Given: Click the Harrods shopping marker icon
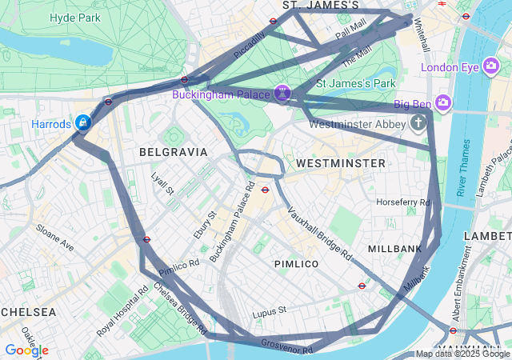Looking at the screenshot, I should point(82,123).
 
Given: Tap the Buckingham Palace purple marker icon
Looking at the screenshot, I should point(282,94).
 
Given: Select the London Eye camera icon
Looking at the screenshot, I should point(492,67).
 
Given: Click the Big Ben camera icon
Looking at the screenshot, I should point(443,102).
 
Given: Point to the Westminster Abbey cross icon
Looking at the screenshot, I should point(418,123).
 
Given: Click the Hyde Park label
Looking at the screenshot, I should point(74,17).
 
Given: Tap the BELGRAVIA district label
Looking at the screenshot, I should point(173,152).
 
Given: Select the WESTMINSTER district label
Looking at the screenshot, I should point(340,163).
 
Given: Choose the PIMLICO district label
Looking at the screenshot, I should point(296,264).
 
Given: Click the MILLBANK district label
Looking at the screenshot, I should point(394,250).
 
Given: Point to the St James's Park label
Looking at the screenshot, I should point(356,82).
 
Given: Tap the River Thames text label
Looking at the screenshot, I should point(462,168).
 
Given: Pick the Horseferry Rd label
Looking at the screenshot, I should point(402,202).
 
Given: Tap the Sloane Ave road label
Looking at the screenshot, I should point(54,238).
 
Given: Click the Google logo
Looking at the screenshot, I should point(26,350).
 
